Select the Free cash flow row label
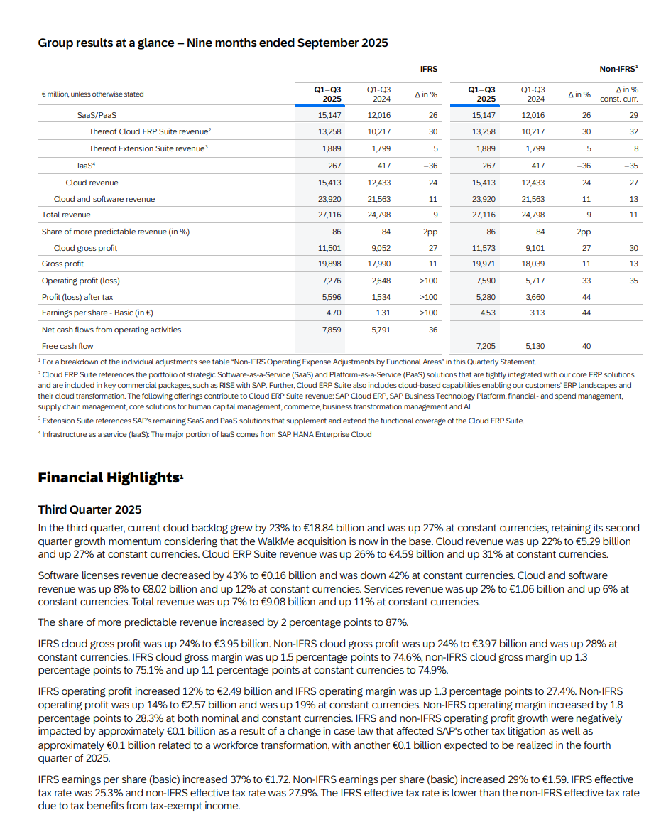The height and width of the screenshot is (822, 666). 67,346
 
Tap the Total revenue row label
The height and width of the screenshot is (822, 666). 66,215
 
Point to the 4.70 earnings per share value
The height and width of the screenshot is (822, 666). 333,313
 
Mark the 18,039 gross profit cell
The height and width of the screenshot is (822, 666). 533,264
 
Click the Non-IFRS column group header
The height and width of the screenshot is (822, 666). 618,69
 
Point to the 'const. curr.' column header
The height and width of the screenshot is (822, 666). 619,99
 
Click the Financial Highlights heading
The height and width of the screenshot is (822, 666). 110,477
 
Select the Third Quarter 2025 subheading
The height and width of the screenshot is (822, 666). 89,509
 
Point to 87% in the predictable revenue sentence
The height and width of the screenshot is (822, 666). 395,622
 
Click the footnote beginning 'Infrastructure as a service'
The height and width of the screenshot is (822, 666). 205,434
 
